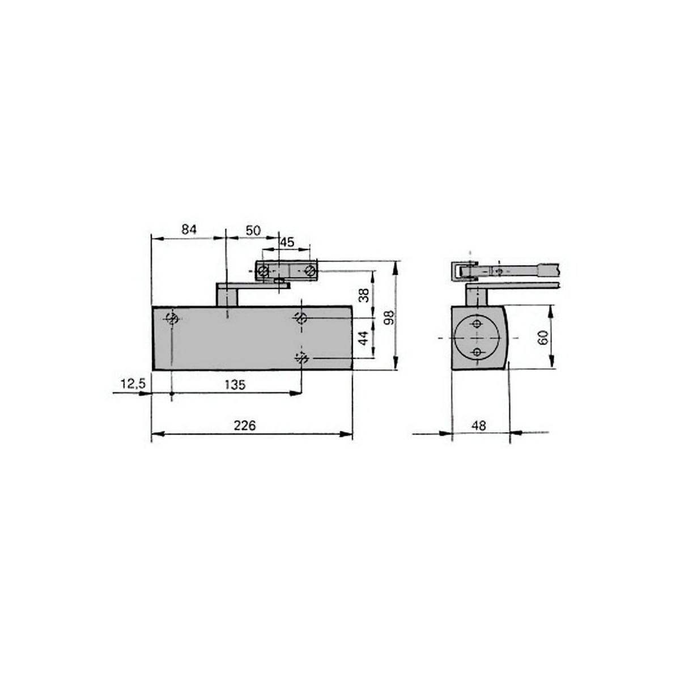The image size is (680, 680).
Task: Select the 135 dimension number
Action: (x=235, y=385)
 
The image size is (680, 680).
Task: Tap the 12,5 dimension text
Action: (x=133, y=384)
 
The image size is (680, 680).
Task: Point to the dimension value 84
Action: (x=189, y=229)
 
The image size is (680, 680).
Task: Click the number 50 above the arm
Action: (x=253, y=231)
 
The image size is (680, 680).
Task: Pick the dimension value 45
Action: (x=287, y=243)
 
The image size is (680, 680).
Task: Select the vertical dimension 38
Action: (x=364, y=295)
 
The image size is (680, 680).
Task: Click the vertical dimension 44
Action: (x=364, y=338)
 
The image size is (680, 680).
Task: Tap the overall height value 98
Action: (x=389, y=317)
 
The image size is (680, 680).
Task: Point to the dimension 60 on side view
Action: (x=543, y=338)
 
